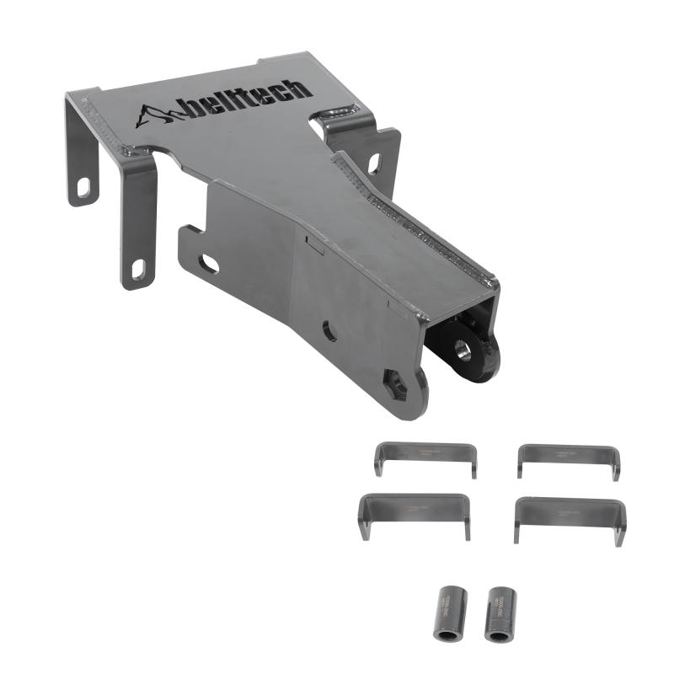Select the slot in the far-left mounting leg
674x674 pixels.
tap(84, 187)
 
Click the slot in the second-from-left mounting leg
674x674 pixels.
tap(137, 269)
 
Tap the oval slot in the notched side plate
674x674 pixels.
tap(208, 264)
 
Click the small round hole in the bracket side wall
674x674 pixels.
tap(329, 331)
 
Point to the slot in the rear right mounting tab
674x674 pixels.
tap(373, 162)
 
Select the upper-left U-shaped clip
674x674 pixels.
tap(425, 457)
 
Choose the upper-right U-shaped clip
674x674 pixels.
tap(569, 460)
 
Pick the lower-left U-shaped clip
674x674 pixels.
tap(415, 512)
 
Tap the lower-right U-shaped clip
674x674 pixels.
tap(570, 516)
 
